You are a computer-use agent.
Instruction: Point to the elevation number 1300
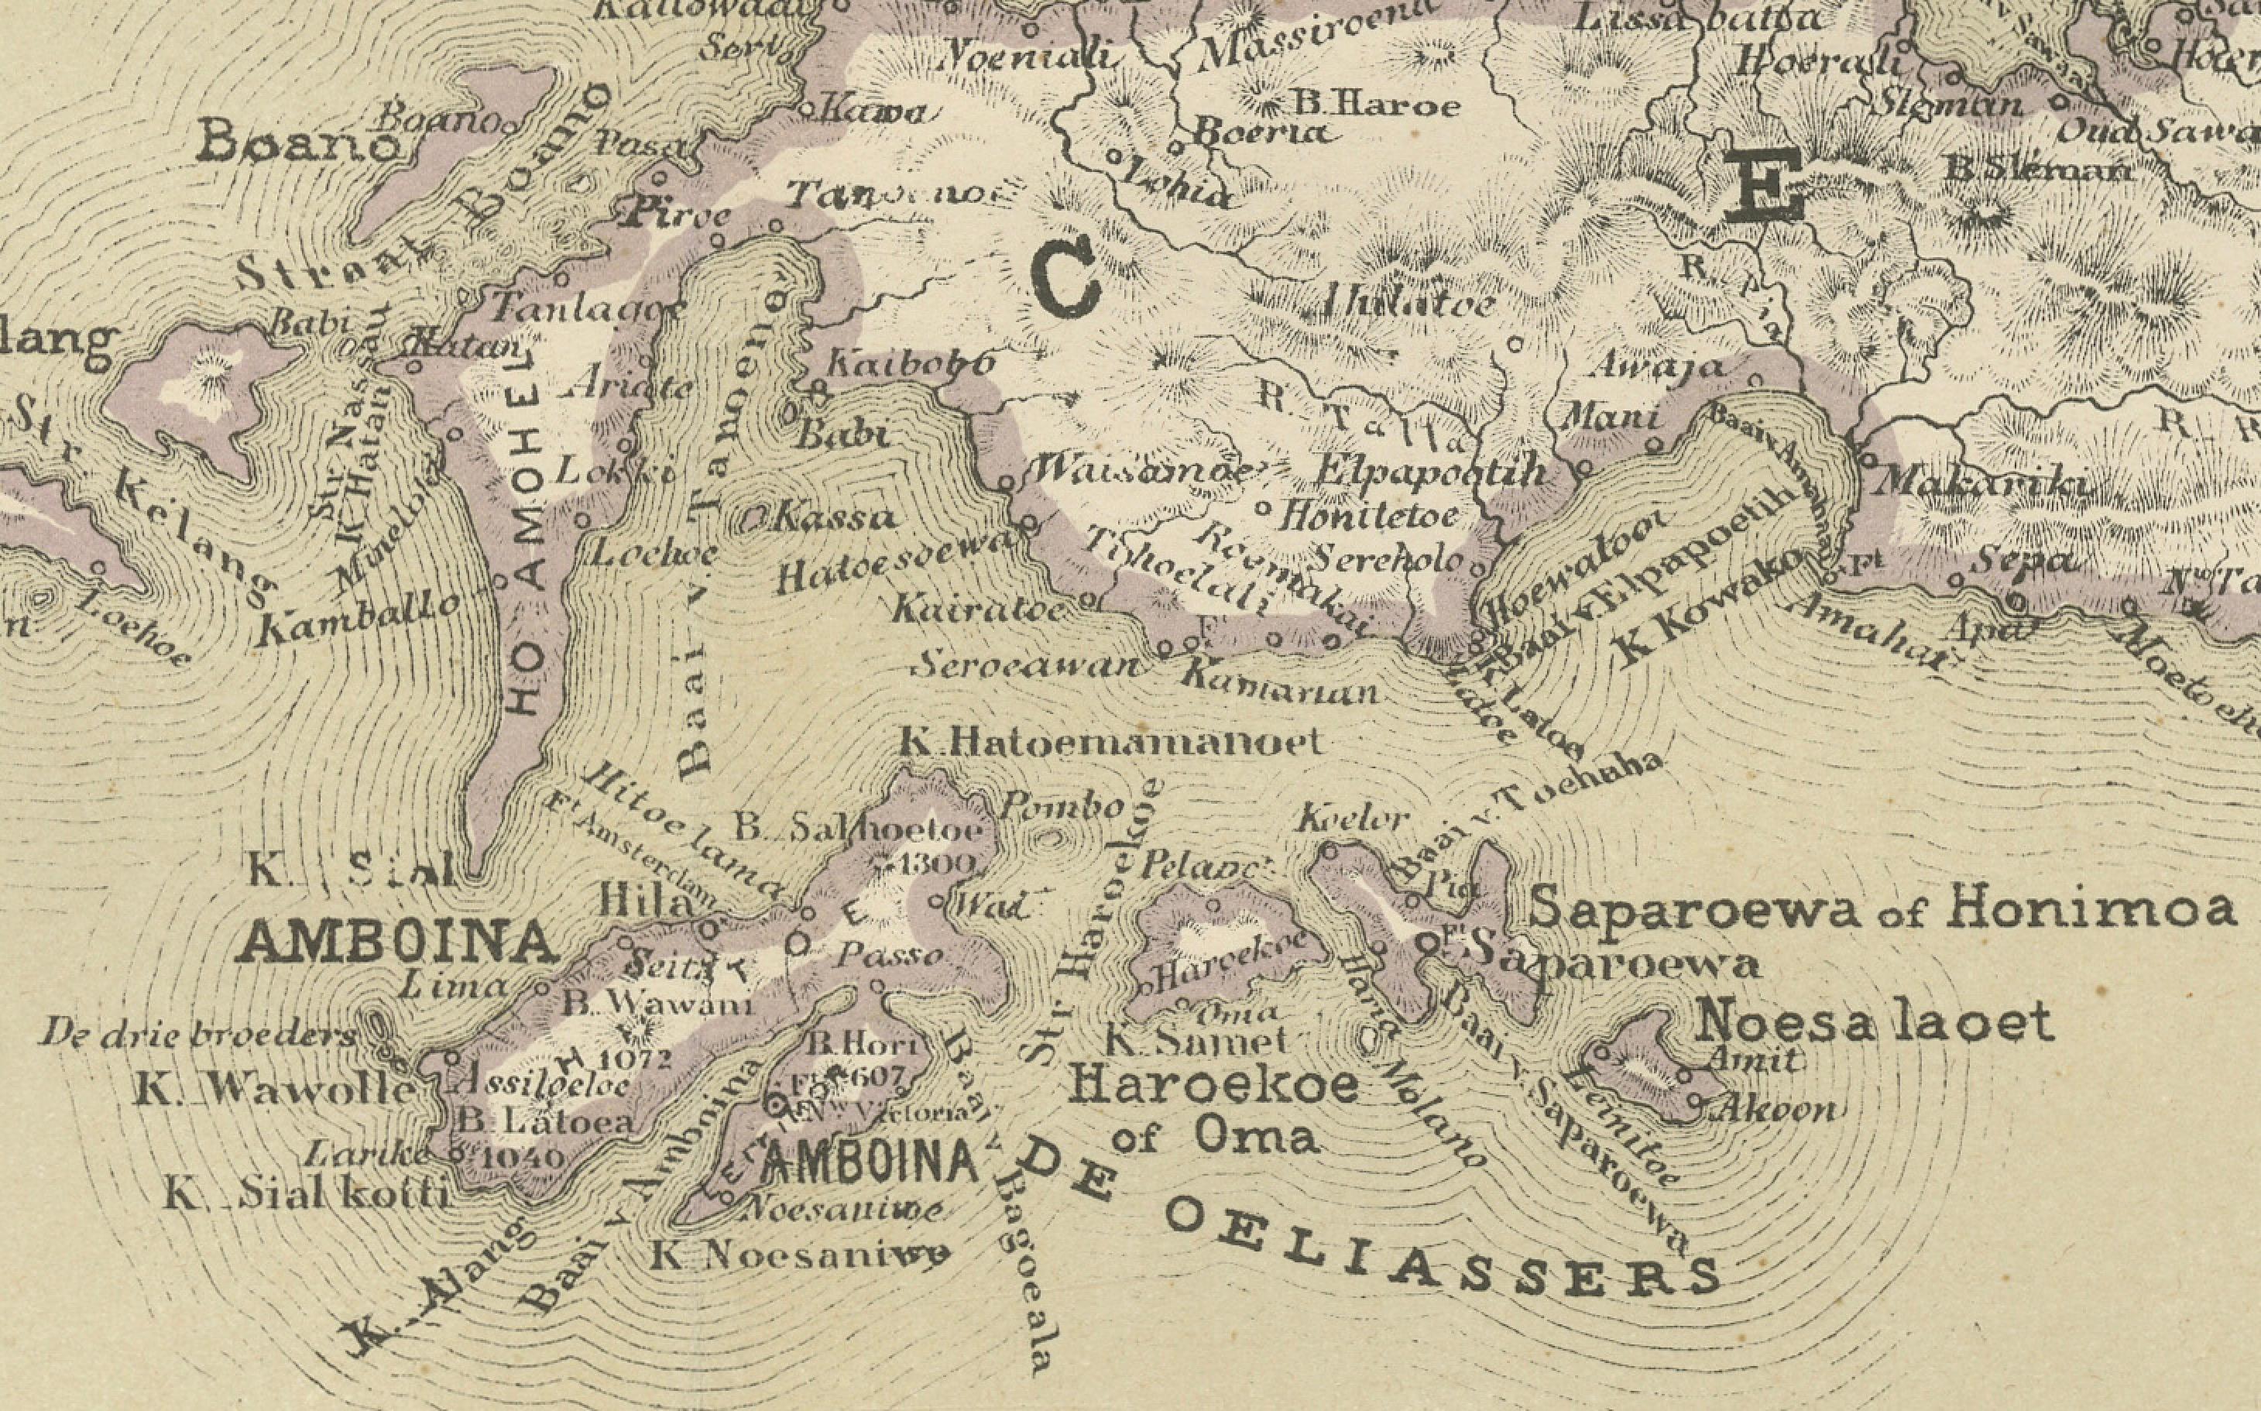tap(938, 861)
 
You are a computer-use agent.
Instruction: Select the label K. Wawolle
tap(273, 1089)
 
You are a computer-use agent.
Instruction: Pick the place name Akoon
tap(1776, 1110)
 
